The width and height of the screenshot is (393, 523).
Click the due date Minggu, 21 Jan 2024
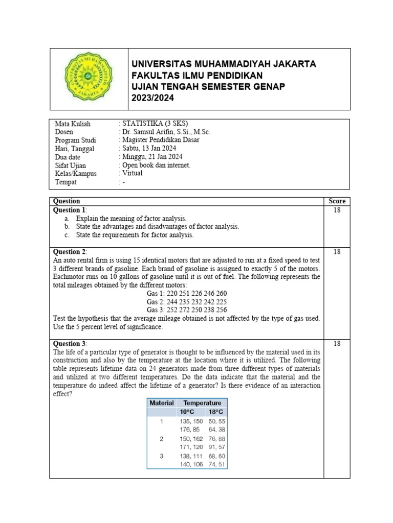tap(151, 157)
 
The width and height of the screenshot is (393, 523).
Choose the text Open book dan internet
tap(156, 165)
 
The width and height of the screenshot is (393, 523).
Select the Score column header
tap(337, 201)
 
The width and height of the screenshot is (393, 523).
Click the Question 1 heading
tap(70, 210)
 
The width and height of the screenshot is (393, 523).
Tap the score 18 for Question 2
tap(337, 252)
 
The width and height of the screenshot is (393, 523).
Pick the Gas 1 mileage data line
tap(186, 294)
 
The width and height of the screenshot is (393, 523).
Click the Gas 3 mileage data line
tap(186, 310)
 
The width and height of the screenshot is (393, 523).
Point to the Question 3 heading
tap(70, 344)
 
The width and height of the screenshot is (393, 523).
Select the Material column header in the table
tap(161, 403)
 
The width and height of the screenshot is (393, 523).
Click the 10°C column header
tap(187, 412)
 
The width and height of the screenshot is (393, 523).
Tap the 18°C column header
tap(215, 412)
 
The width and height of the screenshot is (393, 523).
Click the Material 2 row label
tap(161, 439)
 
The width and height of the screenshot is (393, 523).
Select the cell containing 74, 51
tap(215, 464)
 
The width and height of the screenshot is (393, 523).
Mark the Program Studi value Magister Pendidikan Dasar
tap(160, 140)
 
